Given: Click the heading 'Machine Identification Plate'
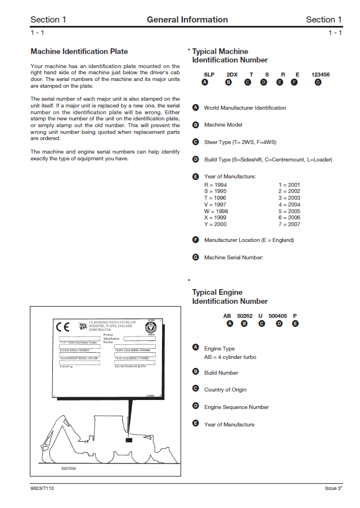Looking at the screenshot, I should click(79, 52).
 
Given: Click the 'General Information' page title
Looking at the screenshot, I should click(187, 20).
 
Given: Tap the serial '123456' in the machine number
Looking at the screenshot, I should click(320, 74).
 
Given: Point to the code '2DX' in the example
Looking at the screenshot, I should click(231, 74).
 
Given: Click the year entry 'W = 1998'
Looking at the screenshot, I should click(215, 212).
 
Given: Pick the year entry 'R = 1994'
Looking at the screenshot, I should click(215, 185).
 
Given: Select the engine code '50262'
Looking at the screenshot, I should click(245, 316).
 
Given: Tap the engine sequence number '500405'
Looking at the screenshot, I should click(278, 316).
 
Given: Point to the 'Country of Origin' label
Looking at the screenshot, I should click(225, 390).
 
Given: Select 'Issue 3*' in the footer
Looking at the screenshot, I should click(333, 488).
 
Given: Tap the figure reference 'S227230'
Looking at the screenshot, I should click(69, 467).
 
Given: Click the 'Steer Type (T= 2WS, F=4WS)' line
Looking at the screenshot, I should click(240, 142).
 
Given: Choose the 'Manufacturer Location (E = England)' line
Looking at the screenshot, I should click(249, 240).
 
